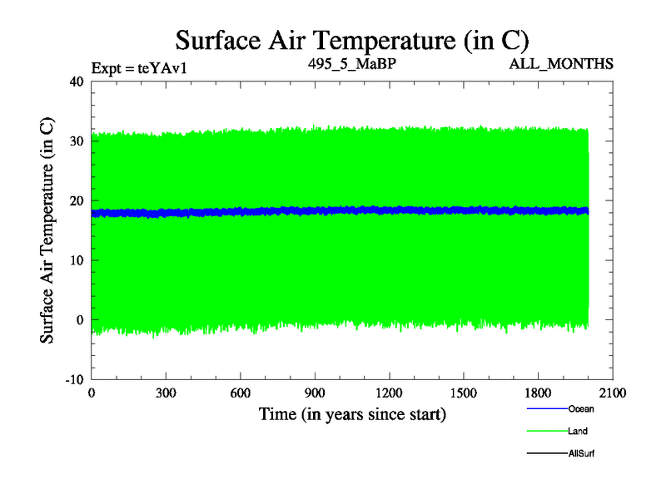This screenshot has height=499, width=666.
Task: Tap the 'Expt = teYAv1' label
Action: (138, 67)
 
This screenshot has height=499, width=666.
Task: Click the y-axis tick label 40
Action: (77, 82)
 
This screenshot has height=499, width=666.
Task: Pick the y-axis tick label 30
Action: (77, 141)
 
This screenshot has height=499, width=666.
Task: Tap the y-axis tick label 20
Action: (77, 200)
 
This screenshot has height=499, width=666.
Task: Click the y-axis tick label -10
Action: (74, 379)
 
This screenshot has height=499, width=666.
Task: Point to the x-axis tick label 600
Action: (241, 393)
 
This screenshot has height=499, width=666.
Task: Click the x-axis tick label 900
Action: (315, 393)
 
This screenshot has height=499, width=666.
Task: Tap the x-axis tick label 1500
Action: (464, 393)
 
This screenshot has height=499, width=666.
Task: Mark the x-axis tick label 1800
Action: (538, 393)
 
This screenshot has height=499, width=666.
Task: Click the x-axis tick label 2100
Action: (613, 393)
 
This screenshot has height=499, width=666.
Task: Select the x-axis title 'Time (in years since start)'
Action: (352, 413)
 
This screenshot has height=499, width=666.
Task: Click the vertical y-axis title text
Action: (48, 230)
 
